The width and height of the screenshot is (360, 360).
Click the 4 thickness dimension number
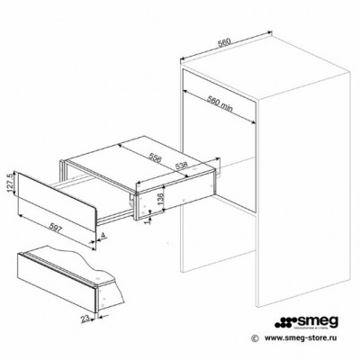click(x=104, y=237)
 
